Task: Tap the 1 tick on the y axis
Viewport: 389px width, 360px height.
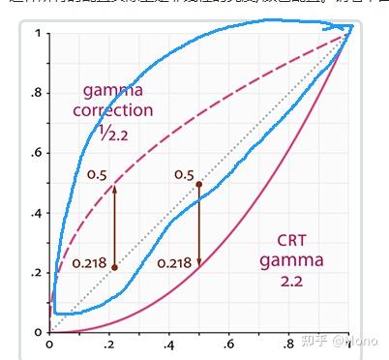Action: click(x=40, y=35)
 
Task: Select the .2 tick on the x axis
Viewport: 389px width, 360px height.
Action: click(x=108, y=344)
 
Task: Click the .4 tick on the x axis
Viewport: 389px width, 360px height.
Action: click(x=168, y=344)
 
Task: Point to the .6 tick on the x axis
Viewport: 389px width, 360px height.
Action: click(x=228, y=344)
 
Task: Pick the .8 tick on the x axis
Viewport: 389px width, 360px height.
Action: click(x=288, y=344)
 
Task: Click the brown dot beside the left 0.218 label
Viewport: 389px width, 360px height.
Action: click(x=115, y=267)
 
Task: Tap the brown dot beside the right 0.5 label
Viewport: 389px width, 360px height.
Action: click(x=198, y=184)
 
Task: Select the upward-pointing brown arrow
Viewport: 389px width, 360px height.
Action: click(x=115, y=223)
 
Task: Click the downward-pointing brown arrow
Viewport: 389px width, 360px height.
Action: click(x=198, y=227)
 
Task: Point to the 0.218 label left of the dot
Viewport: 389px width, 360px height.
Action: click(x=88, y=263)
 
